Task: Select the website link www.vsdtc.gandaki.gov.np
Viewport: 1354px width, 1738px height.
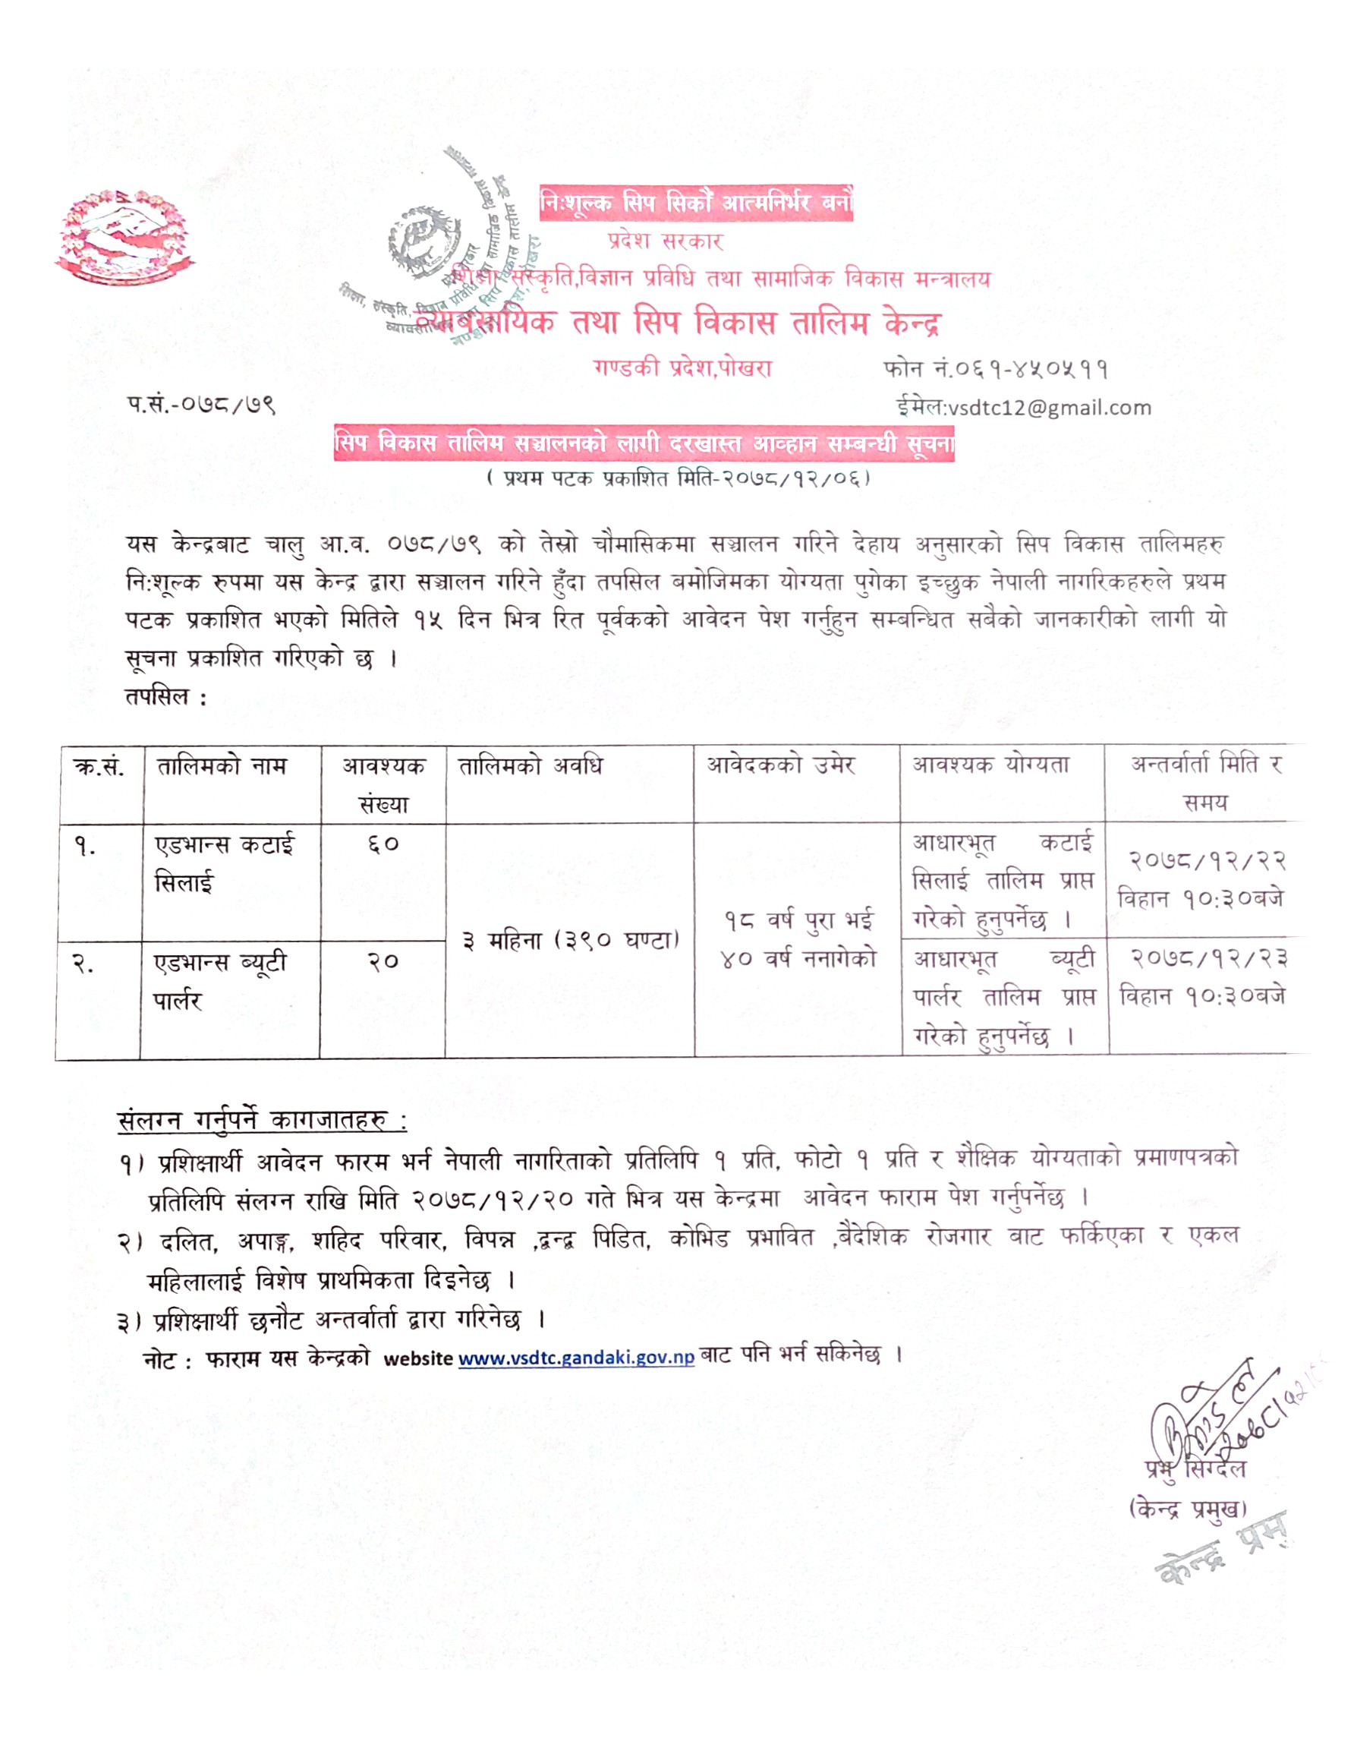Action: (576, 1358)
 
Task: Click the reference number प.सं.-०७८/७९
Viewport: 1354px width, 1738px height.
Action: (200, 404)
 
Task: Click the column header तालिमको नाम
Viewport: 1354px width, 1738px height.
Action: (221, 766)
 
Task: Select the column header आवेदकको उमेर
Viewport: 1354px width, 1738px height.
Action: (780, 765)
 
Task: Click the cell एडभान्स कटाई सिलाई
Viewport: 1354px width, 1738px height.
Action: (225, 863)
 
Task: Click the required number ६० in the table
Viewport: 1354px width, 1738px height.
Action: (383, 844)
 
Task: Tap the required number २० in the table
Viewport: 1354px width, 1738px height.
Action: (383, 961)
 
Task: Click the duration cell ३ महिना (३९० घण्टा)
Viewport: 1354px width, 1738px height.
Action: (569, 941)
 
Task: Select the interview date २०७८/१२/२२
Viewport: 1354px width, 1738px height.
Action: (1207, 860)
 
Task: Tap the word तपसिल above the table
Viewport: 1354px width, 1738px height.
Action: (159, 697)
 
